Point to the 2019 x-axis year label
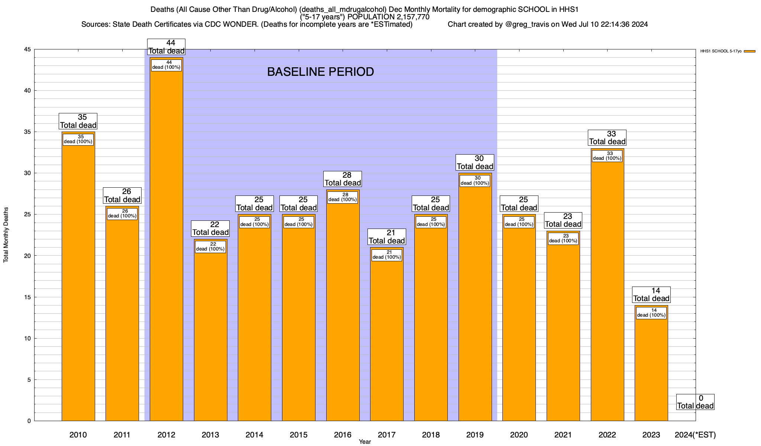475,434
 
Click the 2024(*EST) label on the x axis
695,434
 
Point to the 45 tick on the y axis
27,49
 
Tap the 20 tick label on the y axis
27,256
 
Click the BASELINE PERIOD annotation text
320,72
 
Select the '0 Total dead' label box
695,402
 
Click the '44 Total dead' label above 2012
166,47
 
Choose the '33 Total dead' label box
608,138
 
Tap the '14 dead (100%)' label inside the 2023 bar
651,313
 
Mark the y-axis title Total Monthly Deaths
6,235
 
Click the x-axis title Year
365,442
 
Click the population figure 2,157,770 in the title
408,17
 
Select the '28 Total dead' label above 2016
343,179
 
